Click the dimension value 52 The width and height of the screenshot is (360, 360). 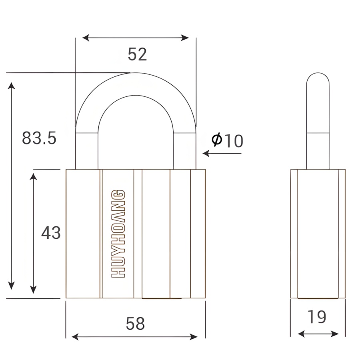137,54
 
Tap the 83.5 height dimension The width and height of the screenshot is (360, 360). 39,138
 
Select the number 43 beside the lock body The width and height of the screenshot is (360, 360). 51,232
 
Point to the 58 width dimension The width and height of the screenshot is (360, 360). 135,324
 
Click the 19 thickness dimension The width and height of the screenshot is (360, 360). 317,317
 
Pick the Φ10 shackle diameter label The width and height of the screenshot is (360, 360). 227,140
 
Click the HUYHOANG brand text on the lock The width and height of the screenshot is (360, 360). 118,234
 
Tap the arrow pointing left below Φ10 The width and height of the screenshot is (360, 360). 222,153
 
